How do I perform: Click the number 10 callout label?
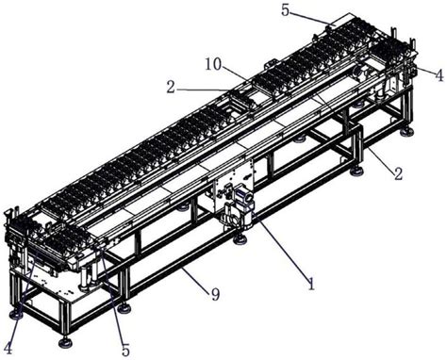[x=213, y=64]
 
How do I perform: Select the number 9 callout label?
[x=215, y=294]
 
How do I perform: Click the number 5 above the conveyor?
[x=285, y=10]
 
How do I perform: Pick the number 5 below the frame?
[x=125, y=349]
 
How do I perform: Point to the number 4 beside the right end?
[x=439, y=75]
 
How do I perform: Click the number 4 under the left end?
[x=8, y=348]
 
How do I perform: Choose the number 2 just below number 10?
[x=171, y=88]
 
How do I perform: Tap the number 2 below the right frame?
[x=398, y=173]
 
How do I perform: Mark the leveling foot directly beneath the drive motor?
[x=240, y=239]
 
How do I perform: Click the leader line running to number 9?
[x=195, y=278]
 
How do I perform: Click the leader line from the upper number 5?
[x=311, y=18]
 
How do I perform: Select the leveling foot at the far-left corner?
[x=16, y=313]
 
